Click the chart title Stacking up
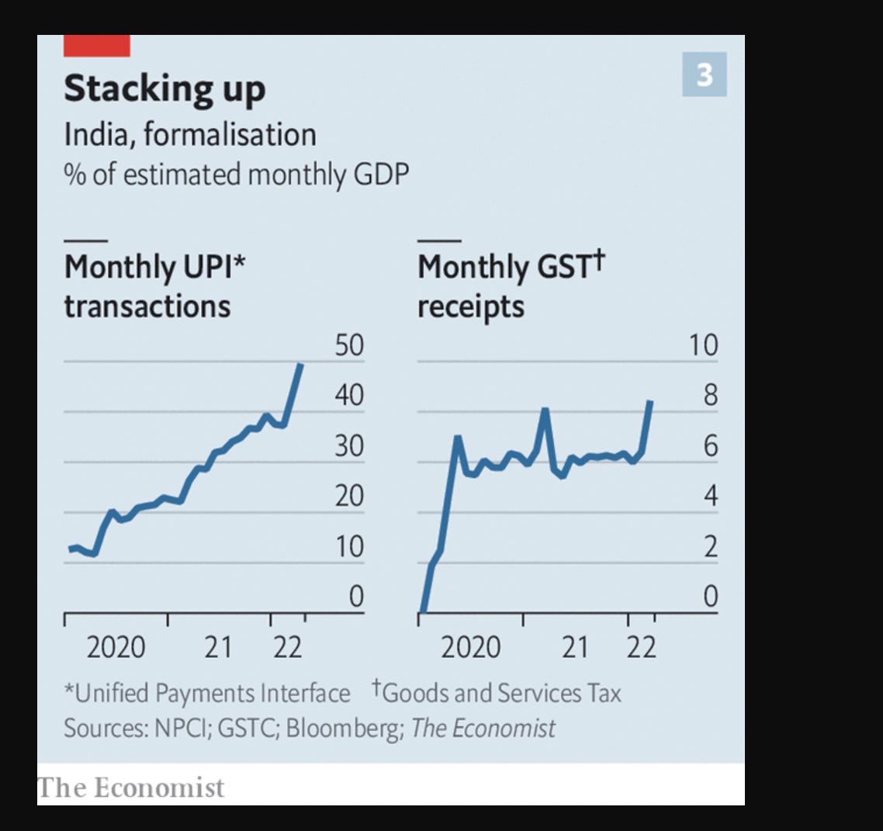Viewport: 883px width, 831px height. click(x=164, y=88)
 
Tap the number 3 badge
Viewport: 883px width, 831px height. click(x=704, y=75)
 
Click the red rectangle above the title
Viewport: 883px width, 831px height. click(x=96, y=46)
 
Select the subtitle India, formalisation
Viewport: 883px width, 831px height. click(x=190, y=134)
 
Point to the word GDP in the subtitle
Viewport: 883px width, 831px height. click(x=380, y=174)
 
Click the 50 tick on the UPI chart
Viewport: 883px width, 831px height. click(x=349, y=345)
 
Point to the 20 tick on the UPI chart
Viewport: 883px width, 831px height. click(x=349, y=495)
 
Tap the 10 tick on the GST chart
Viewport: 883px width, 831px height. click(x=704, y=345)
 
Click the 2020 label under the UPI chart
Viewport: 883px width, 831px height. click(x=116, y=646)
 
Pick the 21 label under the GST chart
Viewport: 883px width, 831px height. click(x=575, y=646)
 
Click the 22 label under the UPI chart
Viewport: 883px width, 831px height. click(x=287, y=646)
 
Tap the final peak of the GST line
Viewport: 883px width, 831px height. click(x=650, y=403)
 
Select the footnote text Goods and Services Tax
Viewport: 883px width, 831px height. click(x=501, y=692)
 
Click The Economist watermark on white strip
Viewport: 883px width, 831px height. click(x=131, y=788)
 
